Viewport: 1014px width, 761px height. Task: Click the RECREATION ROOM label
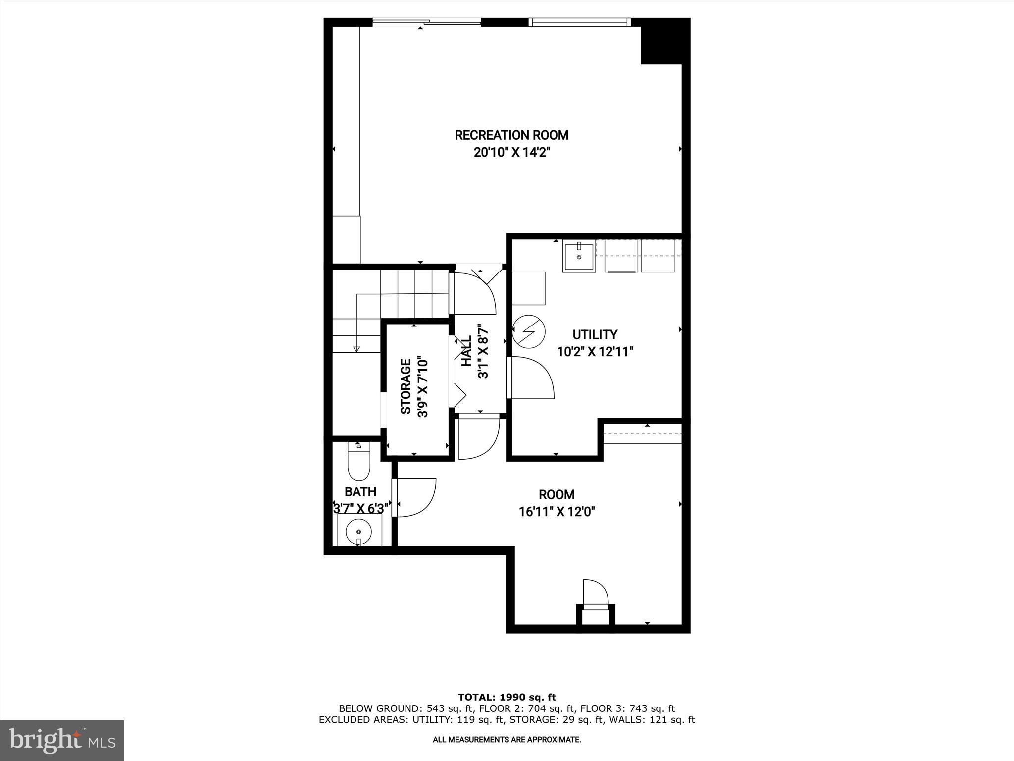[511, 135]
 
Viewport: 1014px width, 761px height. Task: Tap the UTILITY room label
[595, 334]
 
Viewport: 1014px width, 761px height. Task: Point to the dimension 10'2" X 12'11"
[595, 352]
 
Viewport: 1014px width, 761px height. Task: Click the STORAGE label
[406, 386]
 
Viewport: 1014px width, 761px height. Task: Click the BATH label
[360, 491]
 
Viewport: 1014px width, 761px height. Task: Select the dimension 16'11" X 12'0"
[557, 511]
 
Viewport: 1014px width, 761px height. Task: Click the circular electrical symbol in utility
[528, 331]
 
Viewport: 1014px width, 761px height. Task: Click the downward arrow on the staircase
[356, 348]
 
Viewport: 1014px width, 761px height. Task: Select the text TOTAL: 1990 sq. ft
[507, 697]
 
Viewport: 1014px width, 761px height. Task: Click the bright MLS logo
[62, 740]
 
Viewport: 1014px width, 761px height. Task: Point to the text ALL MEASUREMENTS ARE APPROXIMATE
[507, 740]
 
